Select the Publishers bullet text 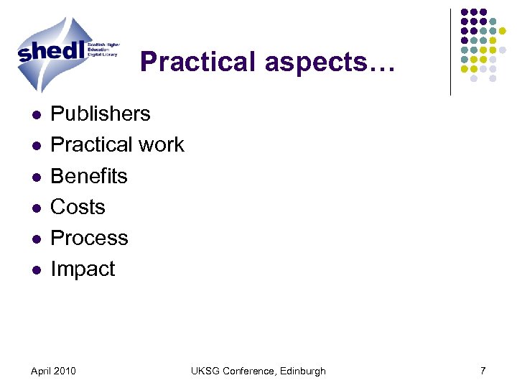point(101,114)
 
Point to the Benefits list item point(89,176)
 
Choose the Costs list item point(78,207)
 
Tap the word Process point(89,238)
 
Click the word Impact point(83,269)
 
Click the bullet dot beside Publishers point(34,115)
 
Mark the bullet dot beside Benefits point(34,177)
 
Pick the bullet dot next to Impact point(34,270)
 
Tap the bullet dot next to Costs point(34,208)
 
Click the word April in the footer point(42,371)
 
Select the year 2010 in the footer point(65,371)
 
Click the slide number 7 point(483,371)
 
